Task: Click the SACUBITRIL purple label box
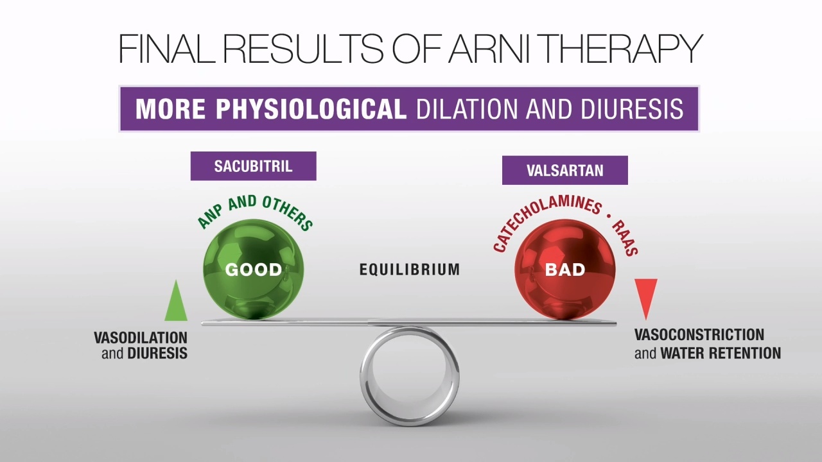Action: (253, 166)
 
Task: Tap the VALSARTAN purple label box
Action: (564, 170)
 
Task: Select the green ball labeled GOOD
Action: (253, 269)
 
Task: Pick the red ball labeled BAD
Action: (564, 269)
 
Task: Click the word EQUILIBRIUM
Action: (410, 269)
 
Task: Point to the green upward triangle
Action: (176, 300)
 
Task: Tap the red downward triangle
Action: (646, 299)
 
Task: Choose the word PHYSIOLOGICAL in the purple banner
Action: (311, 109)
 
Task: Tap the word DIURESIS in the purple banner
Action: (631, 109)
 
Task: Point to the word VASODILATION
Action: (141, 338)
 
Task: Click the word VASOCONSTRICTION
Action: (699, 335)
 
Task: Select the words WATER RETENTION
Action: (721, 354)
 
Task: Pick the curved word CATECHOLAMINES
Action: (544, 220)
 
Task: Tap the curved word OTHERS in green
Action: (288, 212)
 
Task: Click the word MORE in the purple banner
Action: (171, 109)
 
